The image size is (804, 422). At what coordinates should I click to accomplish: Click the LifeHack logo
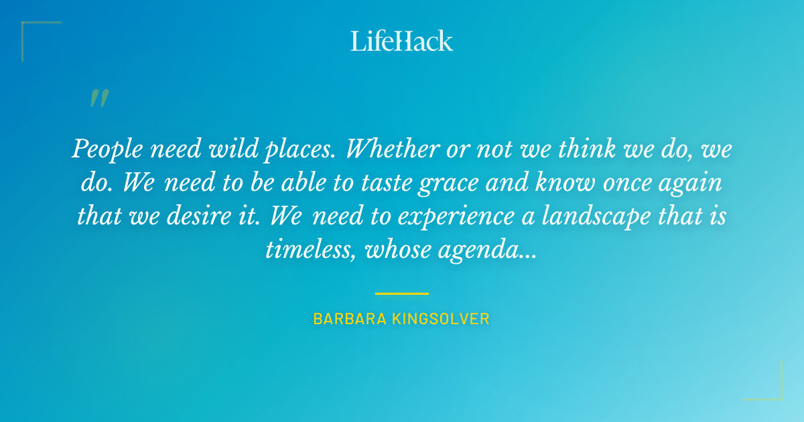tap(402, 41)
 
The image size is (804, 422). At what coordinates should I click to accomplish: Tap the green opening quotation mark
tap(98, 98)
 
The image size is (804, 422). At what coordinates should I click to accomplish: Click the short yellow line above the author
tap(401, 293)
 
